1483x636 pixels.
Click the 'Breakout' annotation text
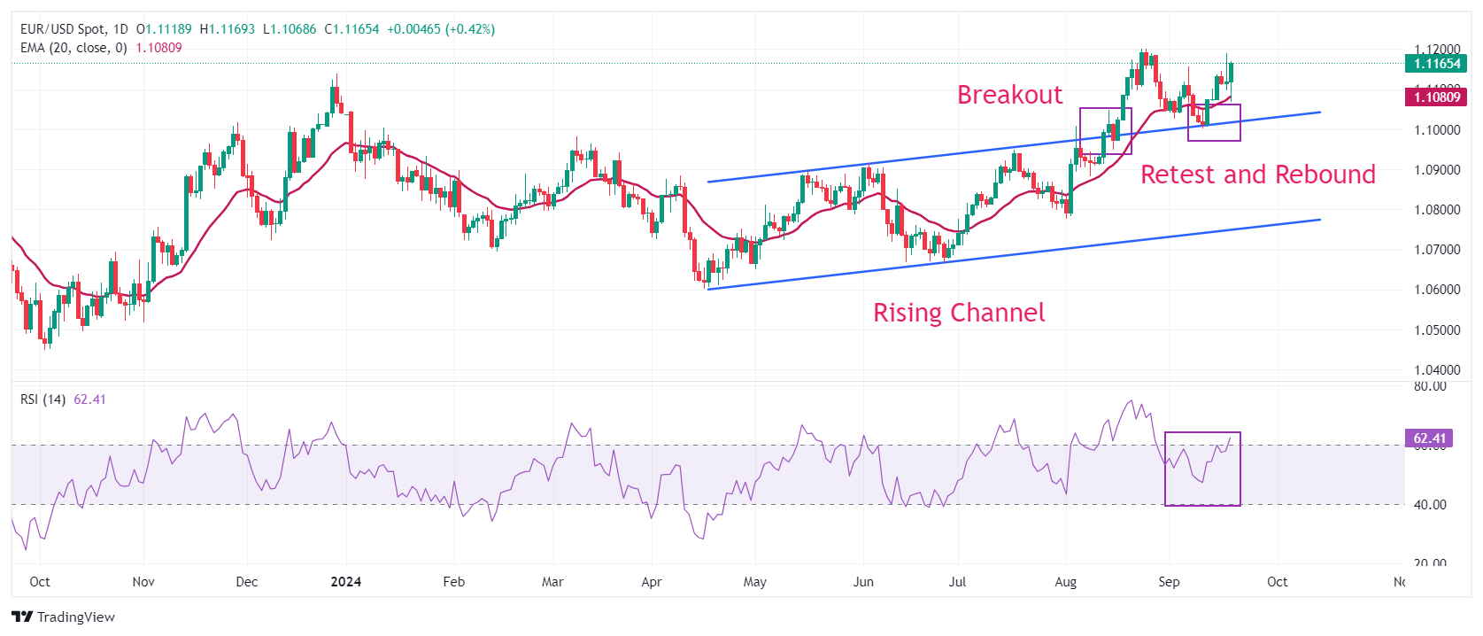tap(1009, 95)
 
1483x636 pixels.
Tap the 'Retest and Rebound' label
tap(1257, 175)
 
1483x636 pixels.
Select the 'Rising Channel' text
tap(959, 313)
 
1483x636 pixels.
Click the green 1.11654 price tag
tap(1436, 64)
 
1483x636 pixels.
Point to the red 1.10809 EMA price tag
tap(1436, 97)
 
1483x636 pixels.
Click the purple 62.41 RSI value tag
tap(1429, 438)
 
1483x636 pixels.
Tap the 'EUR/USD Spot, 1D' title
tap(74, 29)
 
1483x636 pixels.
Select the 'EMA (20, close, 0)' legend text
tap(73, 48)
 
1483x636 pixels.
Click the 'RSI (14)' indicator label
tap(42, 399)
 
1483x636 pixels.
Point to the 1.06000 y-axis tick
tap(1437, 290)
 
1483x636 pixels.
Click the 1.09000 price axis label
tap(1437, 170)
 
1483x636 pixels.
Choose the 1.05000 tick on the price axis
tap(1437, 330)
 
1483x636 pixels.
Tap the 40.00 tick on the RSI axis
tap(1430, 505)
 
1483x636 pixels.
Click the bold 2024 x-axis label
tap(345, 582)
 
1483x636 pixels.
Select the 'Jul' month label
tap(957, 582)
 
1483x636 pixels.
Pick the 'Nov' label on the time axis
tap(143, 582)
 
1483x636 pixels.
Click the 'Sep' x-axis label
tap(1169, 582)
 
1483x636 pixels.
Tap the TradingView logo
tap(64, 617)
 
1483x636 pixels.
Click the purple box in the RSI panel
tap(1202, 469)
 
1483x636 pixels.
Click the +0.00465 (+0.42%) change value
tap(441, 29)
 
